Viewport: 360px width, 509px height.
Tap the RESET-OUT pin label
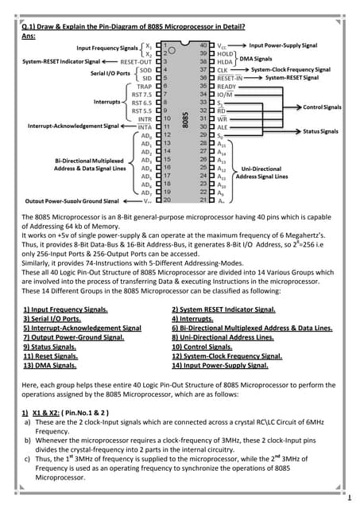click(137, 60)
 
